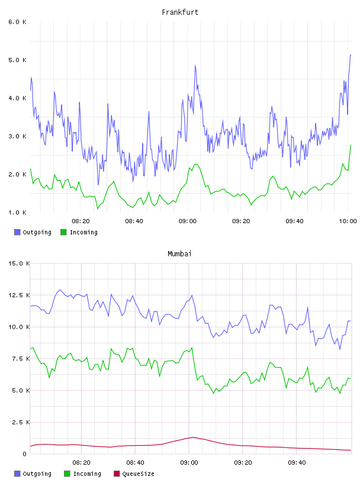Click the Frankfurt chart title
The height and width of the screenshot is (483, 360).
(x=180, y=12)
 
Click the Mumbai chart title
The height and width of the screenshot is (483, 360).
(x=179, y=254)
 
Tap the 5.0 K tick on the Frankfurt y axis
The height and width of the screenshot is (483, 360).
(x=17, y=60)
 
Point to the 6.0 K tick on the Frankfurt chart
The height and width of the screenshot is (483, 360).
(x=17, y=22)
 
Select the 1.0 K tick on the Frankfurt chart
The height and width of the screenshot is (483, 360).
(x=17, y=212)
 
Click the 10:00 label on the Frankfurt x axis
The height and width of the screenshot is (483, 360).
(x=348, y=221)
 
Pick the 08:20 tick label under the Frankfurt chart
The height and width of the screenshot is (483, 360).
(x=81, y=221)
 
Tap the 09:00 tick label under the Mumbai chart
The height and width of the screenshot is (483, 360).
(x=189, y=463)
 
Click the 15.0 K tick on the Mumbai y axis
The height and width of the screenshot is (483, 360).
(x=19, y=263)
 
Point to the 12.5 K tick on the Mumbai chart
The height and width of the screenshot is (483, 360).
(x=19, y=295)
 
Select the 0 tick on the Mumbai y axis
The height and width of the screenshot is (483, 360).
(x=24, y=454)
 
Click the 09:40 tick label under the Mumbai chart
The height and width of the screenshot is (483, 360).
(x=297, y=463)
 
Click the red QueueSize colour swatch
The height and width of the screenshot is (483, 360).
(x=117, y=474)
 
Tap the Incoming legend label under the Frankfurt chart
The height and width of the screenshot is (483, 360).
(x=83, y=233)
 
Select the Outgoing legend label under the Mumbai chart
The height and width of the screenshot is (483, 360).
(x=37, y=474)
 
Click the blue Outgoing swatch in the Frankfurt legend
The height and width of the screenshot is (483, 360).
(x=17, y=232)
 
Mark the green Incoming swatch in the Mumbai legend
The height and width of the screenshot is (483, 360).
(x=67, y=474)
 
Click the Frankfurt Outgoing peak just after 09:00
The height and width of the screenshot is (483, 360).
(x=195, y=65)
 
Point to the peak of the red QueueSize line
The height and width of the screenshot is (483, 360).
(x=193, y=437)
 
